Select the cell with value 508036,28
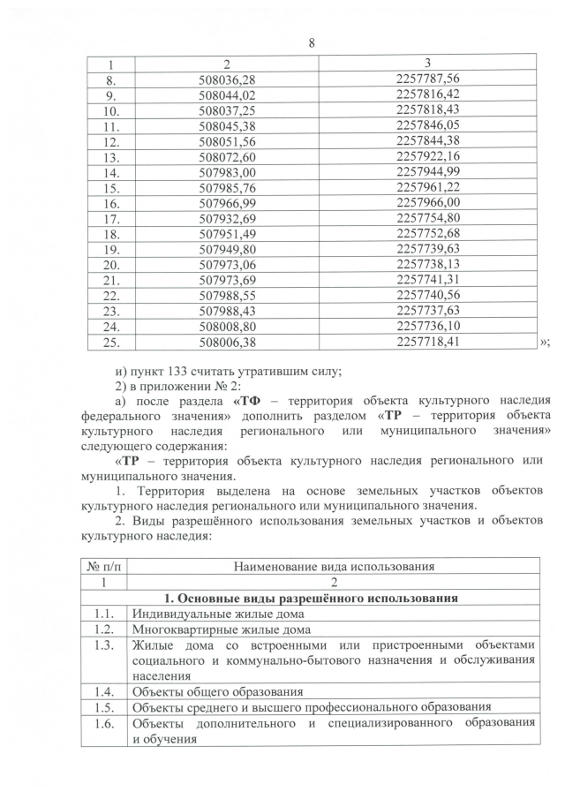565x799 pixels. pyautogui.click(x=227, y=79)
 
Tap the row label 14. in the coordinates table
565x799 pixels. pyautogui.click(x=111, y=172)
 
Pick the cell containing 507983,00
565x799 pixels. pyautogui.click(x=227, y=172)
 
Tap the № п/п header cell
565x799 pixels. pyautogui.click(x=103, y=566)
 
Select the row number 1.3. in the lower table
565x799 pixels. pyautogui.click(x=104, y=645)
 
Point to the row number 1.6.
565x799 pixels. pyautogui.click(x=104, y=723)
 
